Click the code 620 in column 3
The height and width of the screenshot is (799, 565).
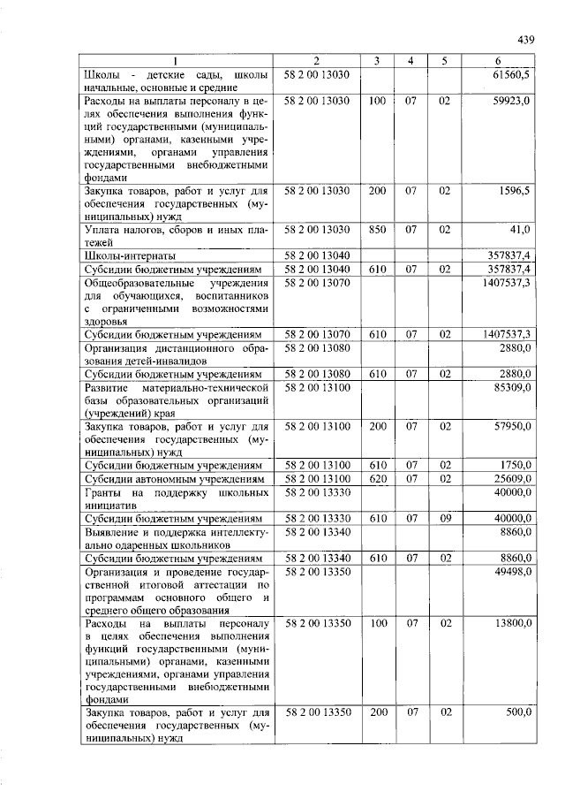(377, 478)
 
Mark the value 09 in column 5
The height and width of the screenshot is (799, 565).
(445, 518)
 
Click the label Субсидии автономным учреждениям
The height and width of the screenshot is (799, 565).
(173, 478)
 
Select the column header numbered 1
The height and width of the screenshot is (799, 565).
(175, 60)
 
